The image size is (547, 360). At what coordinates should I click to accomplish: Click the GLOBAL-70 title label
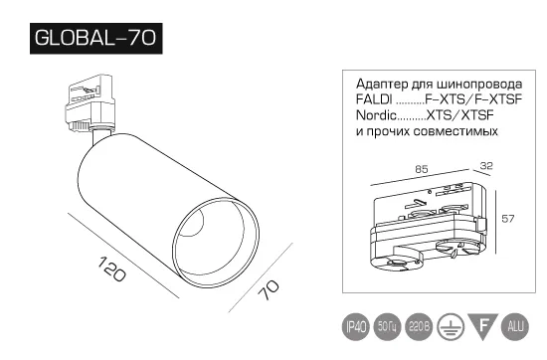point(95,39)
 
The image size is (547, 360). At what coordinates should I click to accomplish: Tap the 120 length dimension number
point(112,269)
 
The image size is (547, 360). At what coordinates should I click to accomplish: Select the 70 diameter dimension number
point(268,289)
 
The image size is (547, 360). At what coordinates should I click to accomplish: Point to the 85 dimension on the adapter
point(422,169)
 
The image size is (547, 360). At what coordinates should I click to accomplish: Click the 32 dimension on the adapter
point(486,166)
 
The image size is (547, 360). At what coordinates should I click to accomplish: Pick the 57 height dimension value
point(508,219)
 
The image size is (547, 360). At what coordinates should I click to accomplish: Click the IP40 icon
point(356,327)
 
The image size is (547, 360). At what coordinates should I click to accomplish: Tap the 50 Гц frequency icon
point(387,327)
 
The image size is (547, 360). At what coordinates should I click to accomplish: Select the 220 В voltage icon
point(419,327)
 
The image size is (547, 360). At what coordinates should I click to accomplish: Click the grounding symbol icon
point(452,327)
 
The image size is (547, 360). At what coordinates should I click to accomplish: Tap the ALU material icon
point(515,327)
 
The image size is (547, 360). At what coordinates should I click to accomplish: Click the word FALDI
point(374,99)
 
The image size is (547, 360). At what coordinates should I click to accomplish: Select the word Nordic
point(376,115)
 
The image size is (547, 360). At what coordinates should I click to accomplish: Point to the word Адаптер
point(382,85)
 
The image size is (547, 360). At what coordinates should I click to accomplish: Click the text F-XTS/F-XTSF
point(473,99)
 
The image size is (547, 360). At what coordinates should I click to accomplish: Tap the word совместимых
point(456,131)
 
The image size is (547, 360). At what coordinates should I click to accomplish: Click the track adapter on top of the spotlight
point(90,102)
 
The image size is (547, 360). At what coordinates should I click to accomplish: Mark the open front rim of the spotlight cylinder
point(216,243)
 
